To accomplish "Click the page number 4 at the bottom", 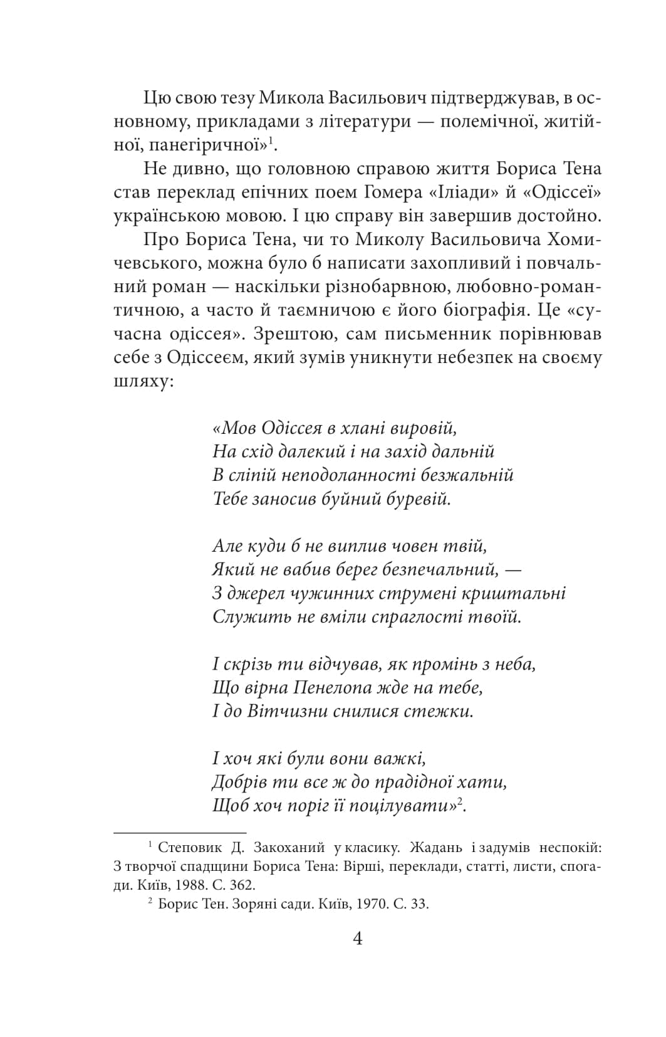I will pos(358,939).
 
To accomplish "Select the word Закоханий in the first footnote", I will pos(289,848).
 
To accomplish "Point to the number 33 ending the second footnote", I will pos(421,905).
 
